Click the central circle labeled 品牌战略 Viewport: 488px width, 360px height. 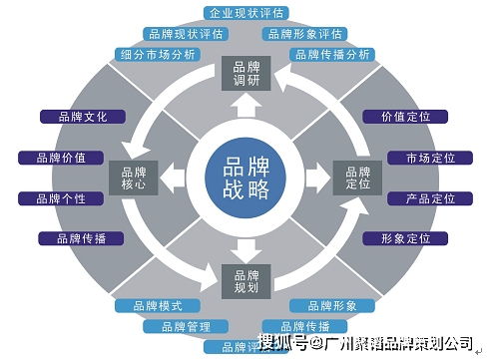point(244,178)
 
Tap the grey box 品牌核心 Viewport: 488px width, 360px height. point(133,177)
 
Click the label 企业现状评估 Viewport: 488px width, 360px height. point(244,13)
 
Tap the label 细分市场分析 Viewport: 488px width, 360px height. point(158,54)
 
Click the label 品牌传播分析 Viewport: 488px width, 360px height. point(331,54)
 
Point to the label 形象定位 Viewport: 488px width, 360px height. point(405,238)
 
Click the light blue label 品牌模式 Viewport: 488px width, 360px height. point(159,304)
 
